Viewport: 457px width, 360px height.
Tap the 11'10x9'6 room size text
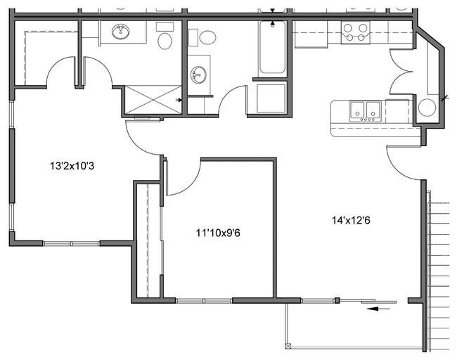pos(218,231)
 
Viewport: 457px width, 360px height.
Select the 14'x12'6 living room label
pos(351,219)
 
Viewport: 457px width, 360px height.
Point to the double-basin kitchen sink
pos(365,110)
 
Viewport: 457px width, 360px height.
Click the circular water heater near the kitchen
pos(427,108)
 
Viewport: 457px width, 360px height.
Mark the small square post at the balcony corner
pos(287,345)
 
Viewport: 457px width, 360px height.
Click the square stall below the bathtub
pos(271,98)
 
